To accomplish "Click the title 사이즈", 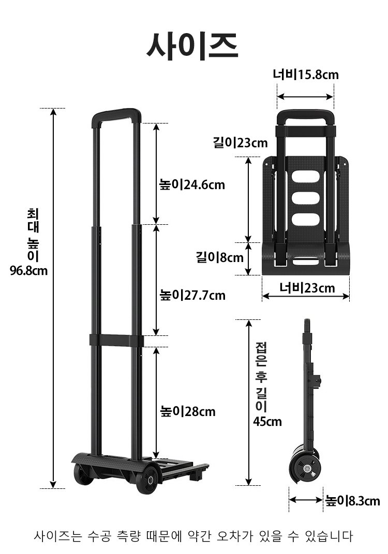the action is point(192,47).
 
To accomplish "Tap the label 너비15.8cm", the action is point(305,74).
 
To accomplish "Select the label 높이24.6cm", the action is point(192,184).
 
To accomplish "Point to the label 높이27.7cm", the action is point(192,295).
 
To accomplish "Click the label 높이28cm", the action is point(187,411).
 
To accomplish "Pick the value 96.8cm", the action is point(28,271).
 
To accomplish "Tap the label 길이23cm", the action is point(240,143).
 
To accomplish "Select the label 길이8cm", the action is point(220,257).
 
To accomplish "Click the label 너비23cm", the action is point(307,288).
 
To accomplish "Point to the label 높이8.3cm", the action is point(353,501).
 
